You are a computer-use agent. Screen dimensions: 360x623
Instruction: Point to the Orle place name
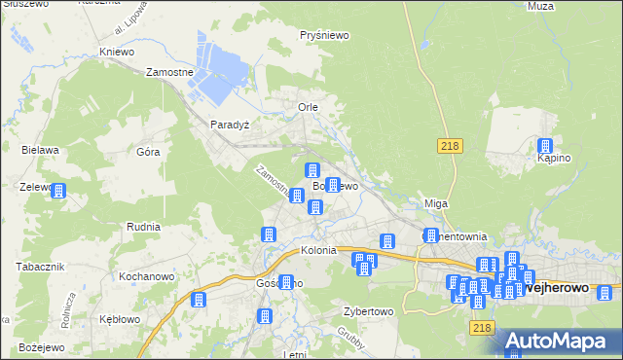308,106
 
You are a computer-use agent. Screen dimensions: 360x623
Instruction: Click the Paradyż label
231,125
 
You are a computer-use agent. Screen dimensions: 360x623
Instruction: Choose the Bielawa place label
41,150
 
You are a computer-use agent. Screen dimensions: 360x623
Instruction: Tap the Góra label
148,152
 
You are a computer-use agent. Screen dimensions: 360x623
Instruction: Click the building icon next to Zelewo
58,191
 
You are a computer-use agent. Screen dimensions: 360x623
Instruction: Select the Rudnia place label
143,226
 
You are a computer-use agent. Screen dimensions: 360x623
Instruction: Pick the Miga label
435,203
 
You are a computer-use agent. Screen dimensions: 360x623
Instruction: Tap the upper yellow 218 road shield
449,145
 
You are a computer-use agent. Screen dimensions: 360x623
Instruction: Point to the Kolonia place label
318,250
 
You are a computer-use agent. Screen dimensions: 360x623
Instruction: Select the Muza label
539,6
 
